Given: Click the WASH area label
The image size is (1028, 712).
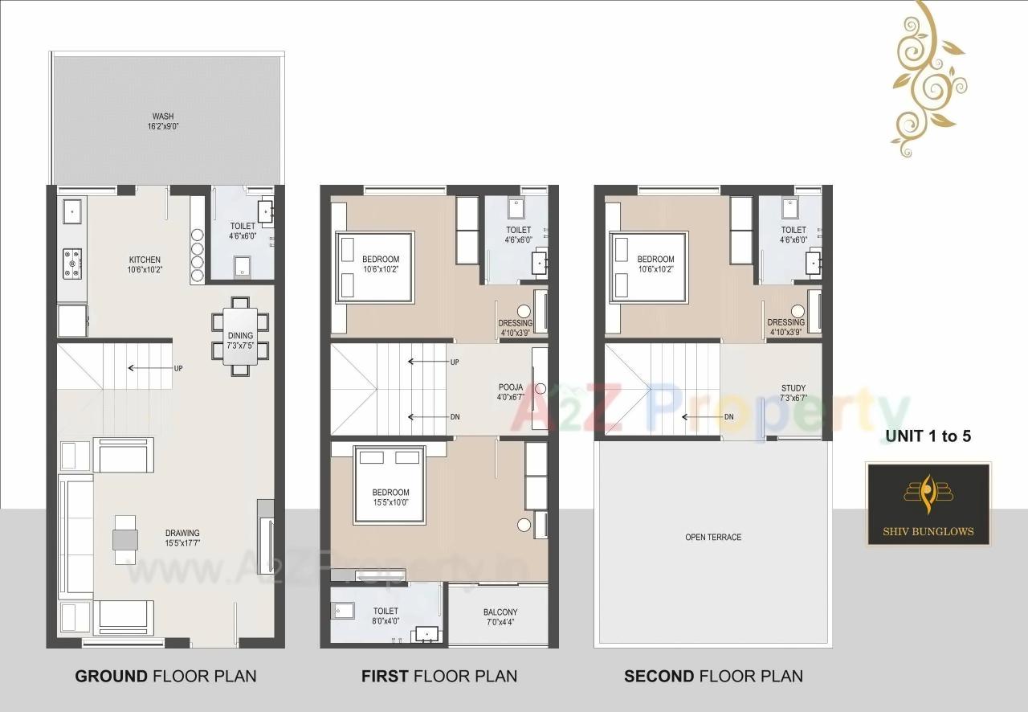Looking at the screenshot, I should point(162,121).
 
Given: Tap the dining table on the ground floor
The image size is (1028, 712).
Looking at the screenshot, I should point(239,336).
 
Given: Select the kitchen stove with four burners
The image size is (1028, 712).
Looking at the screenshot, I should point(72,263).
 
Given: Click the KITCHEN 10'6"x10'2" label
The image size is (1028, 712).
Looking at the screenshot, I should point(145,264).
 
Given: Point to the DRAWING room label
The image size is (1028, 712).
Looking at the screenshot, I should point(182,538).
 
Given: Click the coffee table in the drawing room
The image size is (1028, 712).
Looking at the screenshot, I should point(125,538).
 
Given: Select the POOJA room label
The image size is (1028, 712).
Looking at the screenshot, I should point(511,392).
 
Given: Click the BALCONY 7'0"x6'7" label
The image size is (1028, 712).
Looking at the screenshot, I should point(500,617).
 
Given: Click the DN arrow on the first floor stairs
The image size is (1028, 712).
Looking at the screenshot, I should point(430,417).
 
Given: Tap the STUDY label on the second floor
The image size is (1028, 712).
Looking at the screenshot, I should point(793,393).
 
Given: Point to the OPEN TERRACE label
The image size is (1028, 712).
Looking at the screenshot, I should point(713,537).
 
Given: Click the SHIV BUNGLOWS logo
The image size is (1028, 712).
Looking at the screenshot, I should point(928,504).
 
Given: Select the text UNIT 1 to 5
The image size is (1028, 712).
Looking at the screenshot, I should point(928,436).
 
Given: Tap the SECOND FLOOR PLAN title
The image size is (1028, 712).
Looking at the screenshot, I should point(713,676).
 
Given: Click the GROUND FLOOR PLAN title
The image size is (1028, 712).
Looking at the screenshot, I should point(165,676).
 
